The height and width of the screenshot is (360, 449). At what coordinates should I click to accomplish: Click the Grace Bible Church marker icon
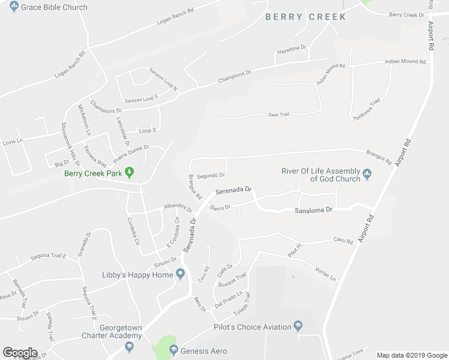[13, 7]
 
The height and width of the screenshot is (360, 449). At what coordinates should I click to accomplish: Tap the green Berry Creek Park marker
[128, 173]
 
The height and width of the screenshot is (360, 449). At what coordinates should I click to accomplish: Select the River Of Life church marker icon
[367, 175]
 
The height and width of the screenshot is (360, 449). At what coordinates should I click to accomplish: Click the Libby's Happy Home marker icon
[180, 275]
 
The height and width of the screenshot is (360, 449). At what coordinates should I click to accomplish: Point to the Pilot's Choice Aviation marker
[297, 327]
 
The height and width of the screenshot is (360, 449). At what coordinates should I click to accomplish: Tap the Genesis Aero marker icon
[173, 350]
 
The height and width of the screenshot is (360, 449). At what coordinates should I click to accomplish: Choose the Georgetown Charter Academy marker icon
[129, 346]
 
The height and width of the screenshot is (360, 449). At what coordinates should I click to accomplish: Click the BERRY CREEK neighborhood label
[306, 17]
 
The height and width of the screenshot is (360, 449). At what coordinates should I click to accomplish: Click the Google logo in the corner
[20, 353]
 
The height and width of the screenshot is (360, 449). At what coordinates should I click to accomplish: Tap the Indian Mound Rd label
[405, 61]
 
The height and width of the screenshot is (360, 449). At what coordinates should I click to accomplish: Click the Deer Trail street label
[279, 114]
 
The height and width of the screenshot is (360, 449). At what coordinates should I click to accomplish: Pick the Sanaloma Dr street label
[313, 211]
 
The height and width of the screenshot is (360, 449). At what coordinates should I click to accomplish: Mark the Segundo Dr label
[211, 175]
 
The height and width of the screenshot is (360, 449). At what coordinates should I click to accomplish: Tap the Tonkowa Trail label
[367, 110]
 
